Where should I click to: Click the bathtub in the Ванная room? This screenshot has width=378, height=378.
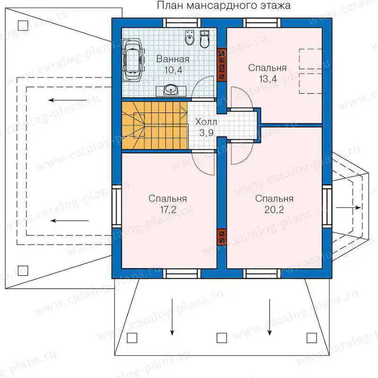pyautogui.click(x=134, y=60)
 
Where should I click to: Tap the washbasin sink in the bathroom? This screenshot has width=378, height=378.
pyautogui.click(x=171, y=90)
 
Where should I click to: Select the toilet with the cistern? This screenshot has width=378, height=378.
pyautogui.click(x=205, y=39)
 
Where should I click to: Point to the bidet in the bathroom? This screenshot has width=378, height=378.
pyautogui.click(x=190, y=38)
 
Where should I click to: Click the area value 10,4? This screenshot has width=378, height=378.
pyautogui.click(x=173, y=70)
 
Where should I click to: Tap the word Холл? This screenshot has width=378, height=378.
pyautogui.click(x=206, y=122)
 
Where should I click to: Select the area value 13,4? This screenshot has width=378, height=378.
pyautogui.click(x=268, y=79)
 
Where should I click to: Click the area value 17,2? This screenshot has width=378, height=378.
pyautogui.click(x=168, y=210)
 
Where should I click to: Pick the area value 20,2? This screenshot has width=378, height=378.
pyautogui.click(x=274, y=210)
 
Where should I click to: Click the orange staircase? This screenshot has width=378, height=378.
pyautogui.click(x=155, y=125)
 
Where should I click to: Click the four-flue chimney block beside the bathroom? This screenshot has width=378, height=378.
pyautogui.click(x=222, y=65)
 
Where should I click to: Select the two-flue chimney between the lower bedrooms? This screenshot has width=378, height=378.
pyautogui.click(x=222, y=237)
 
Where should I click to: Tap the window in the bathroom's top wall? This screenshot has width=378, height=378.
pyautogui.click(x=182, y=23)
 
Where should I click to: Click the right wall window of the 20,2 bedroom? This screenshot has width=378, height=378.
pyautogui.click(x=327, y=207)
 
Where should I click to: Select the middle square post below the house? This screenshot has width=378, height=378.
pyautogui.click(x=222, y=338)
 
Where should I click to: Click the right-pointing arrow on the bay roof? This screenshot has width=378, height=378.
pyautogui.click(x=349, y=207)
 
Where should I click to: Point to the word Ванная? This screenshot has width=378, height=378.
pyautogui.click(x=172, y=59)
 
